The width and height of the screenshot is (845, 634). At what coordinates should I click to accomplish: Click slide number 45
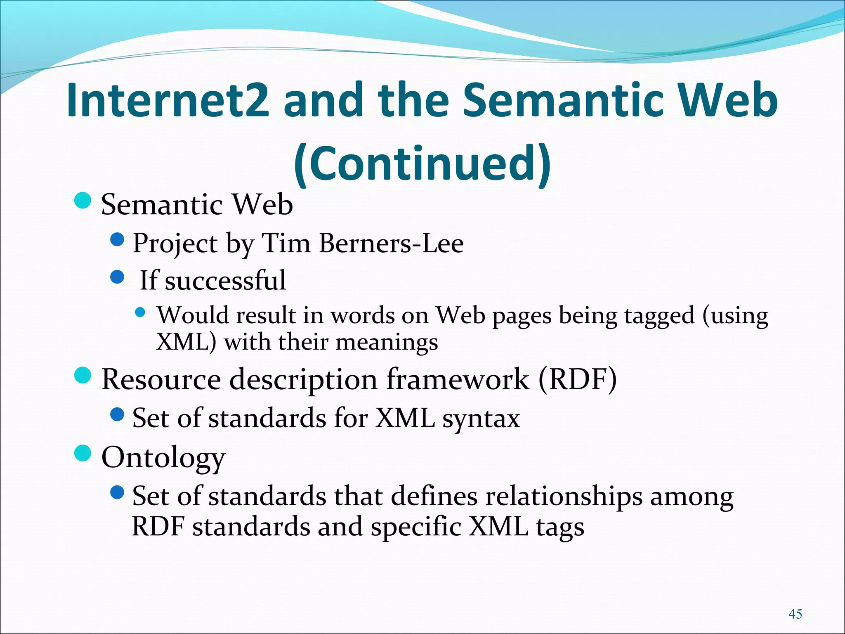point(795,614)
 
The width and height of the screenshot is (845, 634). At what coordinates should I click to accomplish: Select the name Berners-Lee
point(391,244)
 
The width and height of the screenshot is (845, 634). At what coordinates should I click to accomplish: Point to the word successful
point(225,280)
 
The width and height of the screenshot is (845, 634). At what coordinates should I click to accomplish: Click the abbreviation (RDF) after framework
point(578,379)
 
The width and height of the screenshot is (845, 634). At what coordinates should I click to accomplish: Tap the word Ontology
point(163,458)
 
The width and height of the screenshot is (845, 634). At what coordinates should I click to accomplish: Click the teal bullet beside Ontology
point(83,453)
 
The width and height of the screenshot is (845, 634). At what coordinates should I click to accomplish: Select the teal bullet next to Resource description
point(83,375)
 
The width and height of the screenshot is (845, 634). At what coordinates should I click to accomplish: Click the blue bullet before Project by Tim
point(118,239)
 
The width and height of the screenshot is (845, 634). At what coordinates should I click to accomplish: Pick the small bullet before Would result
point(140,312)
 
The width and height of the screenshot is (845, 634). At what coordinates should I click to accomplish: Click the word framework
point(457,379)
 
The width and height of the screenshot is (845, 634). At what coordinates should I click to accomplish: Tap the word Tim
point(286,244)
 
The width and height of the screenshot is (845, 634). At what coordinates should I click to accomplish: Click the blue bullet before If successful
point(118,277)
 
